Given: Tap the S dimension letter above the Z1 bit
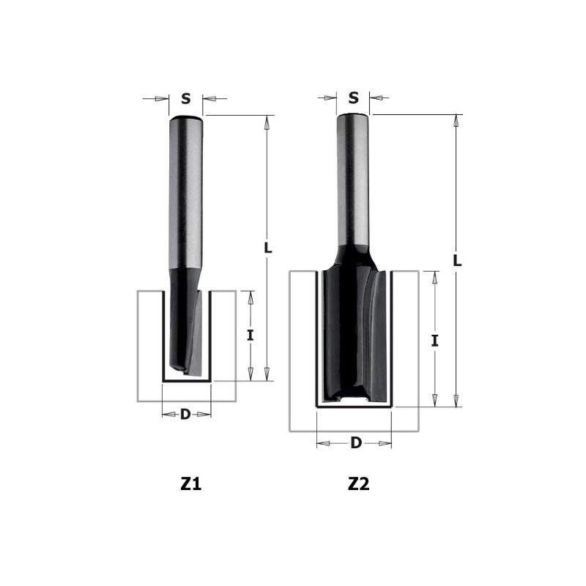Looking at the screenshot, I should point(185,98).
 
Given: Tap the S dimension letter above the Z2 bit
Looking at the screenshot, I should point(354,97).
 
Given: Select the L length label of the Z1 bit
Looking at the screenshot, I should point(268,248).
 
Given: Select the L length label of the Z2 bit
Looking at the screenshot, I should point(457,259).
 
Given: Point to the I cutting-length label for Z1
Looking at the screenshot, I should point(250,335).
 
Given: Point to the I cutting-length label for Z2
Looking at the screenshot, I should point(435,340).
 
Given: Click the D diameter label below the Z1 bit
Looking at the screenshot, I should point(185,415).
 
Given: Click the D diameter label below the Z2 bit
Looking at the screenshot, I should point(355,442).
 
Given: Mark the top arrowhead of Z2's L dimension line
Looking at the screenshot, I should point(457,121).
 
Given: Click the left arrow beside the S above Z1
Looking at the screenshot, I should point(160,98).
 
